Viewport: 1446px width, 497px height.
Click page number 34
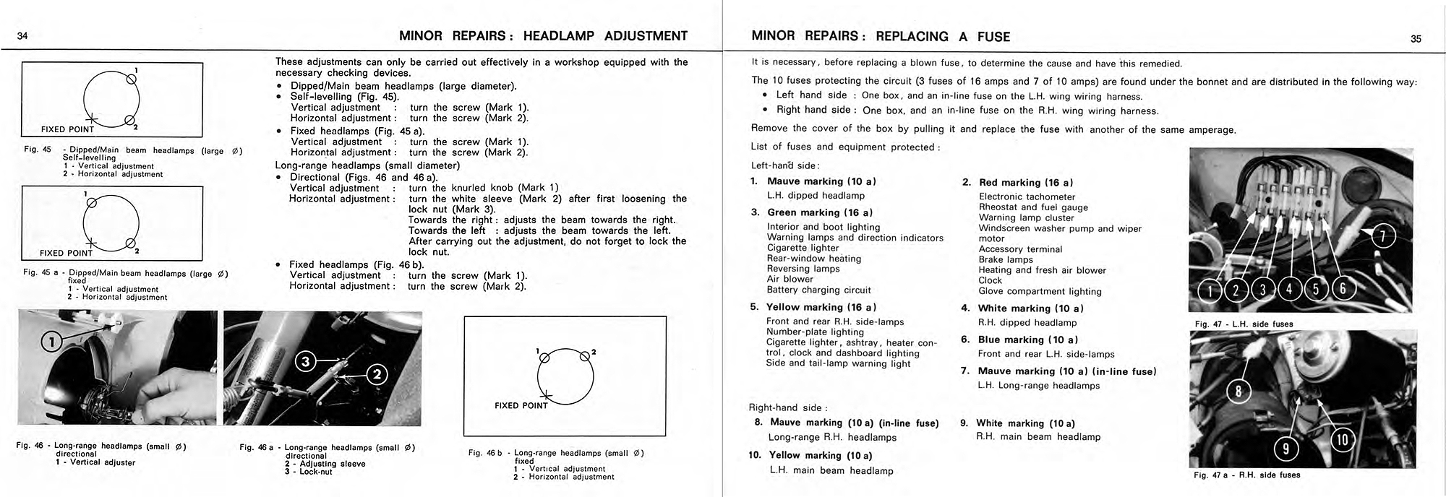(x=22, y=37)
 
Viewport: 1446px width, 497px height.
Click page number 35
(x=1416, y=39)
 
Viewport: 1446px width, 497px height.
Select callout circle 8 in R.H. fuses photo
(x=1238, y=392)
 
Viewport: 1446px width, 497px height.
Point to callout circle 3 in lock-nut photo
(x=306, y=362)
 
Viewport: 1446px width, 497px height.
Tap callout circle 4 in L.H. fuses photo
(x=1289, y=290)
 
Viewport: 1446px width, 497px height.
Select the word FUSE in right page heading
(x=993, y=37)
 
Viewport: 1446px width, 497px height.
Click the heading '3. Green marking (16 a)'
(x=812, y=212)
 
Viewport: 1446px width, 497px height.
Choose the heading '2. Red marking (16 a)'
(x=1018, y=183)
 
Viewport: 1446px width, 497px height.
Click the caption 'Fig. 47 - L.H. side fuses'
(x=1244, y=324)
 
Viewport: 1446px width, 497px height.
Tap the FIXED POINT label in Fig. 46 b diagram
(x=521, y=405)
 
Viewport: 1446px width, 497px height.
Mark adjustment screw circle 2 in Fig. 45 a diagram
(x=130, y=243)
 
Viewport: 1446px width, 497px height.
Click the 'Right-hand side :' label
(x=789, y=407)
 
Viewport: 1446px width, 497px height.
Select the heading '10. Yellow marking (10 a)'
(x=810, y=455)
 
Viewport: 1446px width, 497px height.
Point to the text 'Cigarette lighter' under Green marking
(x=803, y=248)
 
